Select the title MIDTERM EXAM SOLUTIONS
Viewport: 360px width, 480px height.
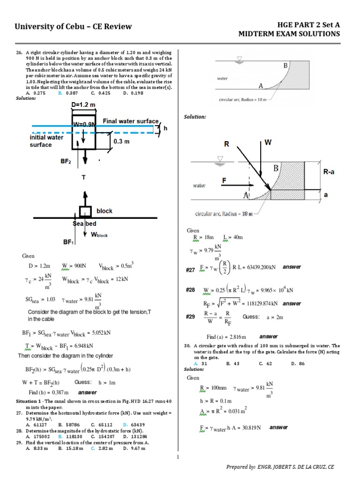289,34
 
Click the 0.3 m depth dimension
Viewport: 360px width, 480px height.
121,141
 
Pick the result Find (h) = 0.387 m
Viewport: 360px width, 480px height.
49,392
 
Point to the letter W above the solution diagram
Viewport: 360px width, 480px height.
268,142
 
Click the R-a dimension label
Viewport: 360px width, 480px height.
329,172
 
